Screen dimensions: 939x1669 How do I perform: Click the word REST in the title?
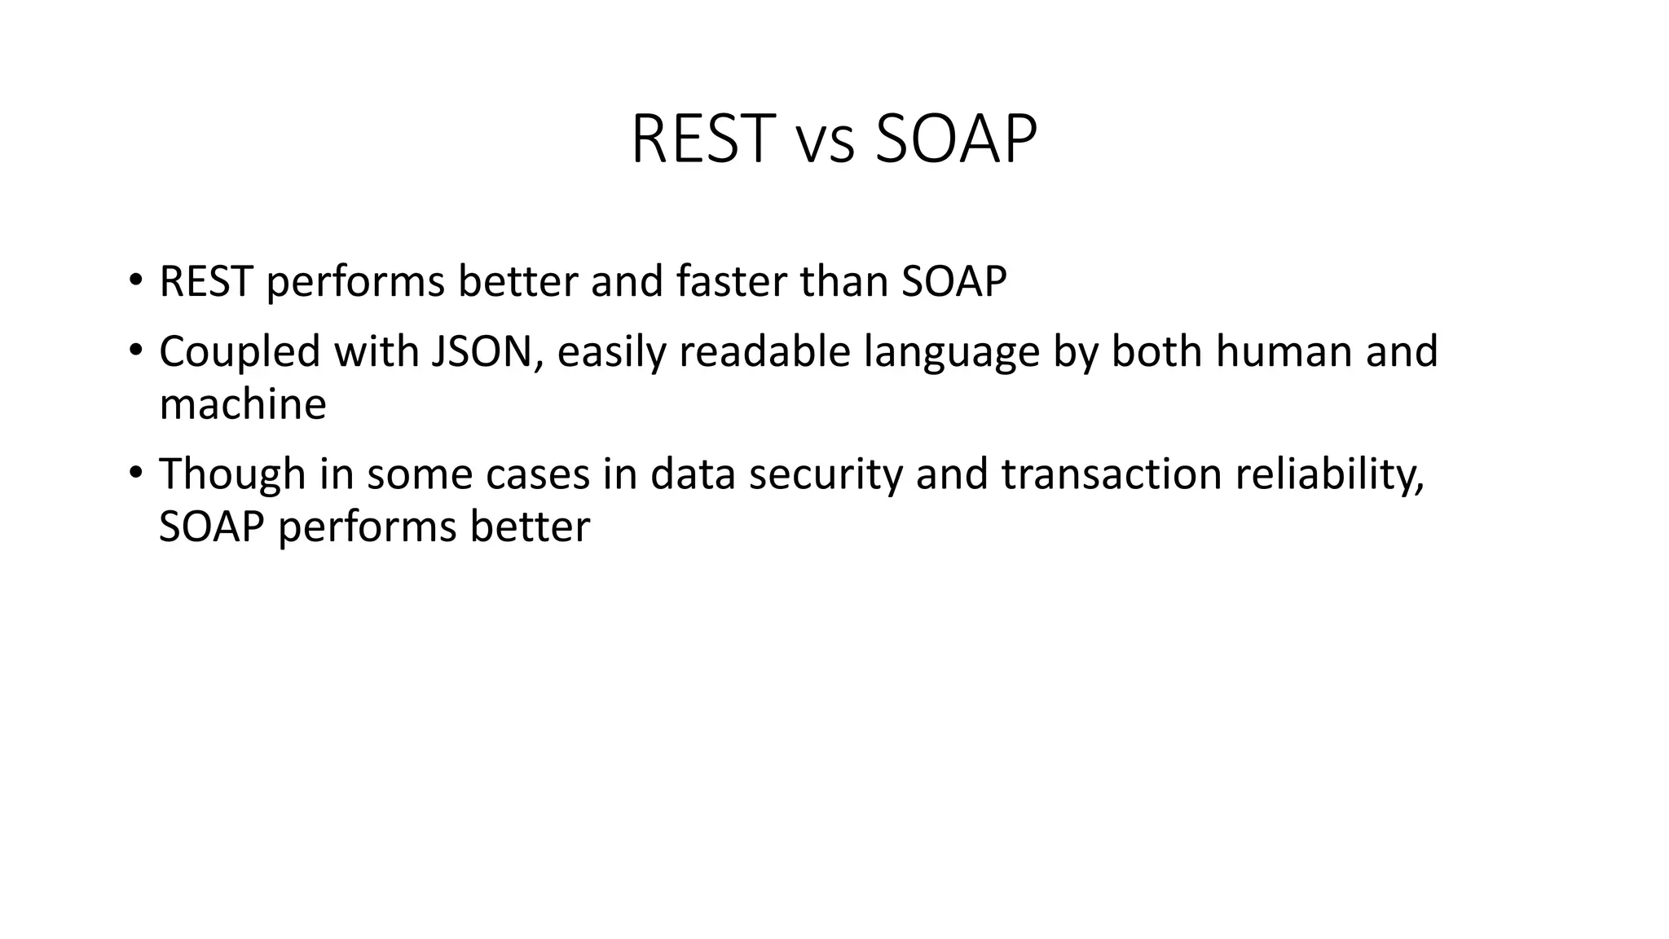(702, 139)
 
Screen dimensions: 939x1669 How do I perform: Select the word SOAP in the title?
(955, 139)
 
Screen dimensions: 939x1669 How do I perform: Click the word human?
(1278, 352)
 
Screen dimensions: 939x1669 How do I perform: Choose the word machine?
(243, 404)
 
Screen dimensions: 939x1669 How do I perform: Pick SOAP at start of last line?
(212, 527)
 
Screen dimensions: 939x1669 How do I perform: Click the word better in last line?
(529, 527)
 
